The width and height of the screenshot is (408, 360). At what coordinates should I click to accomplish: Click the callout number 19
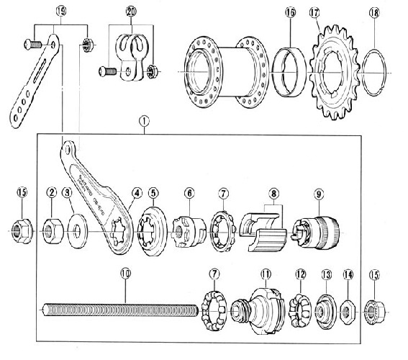tap(60, 12)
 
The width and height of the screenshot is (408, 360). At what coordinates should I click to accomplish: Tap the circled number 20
tap(130, 12)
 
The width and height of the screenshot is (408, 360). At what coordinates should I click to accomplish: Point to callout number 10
tap(125, 274)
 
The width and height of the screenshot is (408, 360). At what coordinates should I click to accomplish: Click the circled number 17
tap(314, 12)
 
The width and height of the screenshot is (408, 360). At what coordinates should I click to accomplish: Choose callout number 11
tap(266, 274)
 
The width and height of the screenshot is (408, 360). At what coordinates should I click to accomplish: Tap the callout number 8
tap(273, 193)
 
